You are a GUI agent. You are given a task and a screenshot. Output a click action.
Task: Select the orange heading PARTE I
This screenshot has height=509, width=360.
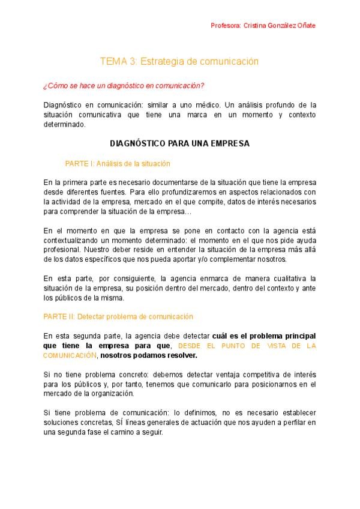pyautogui.click(x=117, y=163)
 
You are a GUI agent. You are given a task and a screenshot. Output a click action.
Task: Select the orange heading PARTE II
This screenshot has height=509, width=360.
pyautogui.click(x=118, y=316)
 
